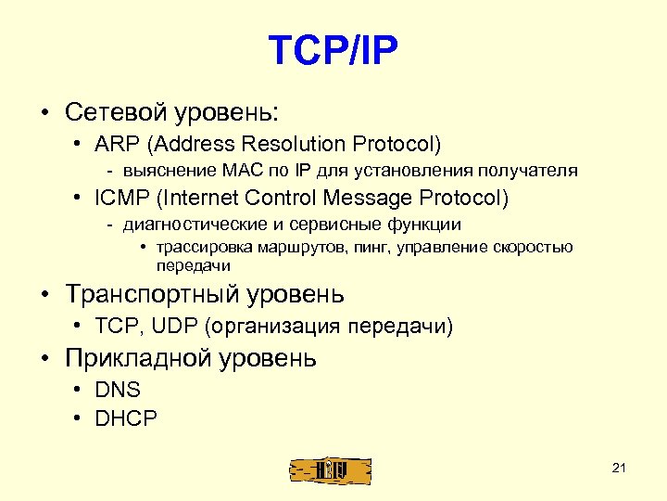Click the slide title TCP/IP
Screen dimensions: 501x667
click(x=333, y=52)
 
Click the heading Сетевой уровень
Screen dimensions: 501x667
click(x=171, y=112)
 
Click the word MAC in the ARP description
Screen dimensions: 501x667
click(x=237, y=171)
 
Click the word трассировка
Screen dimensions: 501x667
click(x=198, y=248)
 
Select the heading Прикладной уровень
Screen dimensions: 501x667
click(x=191, y=358)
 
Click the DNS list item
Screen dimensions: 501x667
click(x=117, y=391)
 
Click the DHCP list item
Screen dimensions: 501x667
click(x=125, y=417)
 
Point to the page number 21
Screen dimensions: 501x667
click(x=620, y=468)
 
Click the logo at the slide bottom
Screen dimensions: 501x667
click(x=330, y=469)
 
